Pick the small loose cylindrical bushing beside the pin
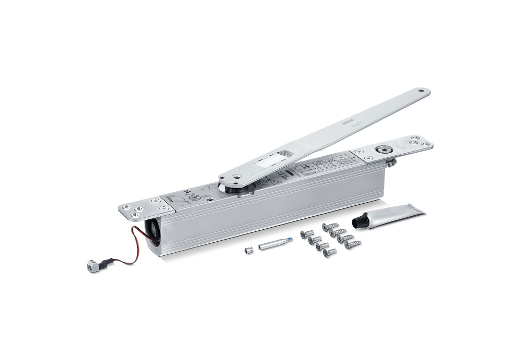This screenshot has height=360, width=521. (x=247, y=249)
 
